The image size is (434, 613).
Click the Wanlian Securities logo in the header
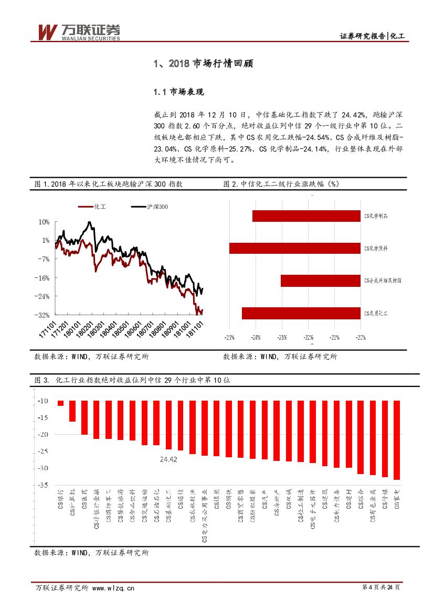[78, 32]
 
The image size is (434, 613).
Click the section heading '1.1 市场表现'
[178, 92]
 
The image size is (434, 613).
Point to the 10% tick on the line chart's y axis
[44, 222]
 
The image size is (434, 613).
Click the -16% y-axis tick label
[43, 277]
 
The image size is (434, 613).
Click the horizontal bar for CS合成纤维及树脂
[320, 281]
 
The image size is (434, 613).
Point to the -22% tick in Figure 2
[309, 337]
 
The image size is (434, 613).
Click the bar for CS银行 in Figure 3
[61, 403]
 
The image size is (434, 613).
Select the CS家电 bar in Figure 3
[397, 440]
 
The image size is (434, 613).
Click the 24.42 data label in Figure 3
[169, 459]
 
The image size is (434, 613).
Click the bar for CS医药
[84, 417]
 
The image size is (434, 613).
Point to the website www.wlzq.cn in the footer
[113, 588]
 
